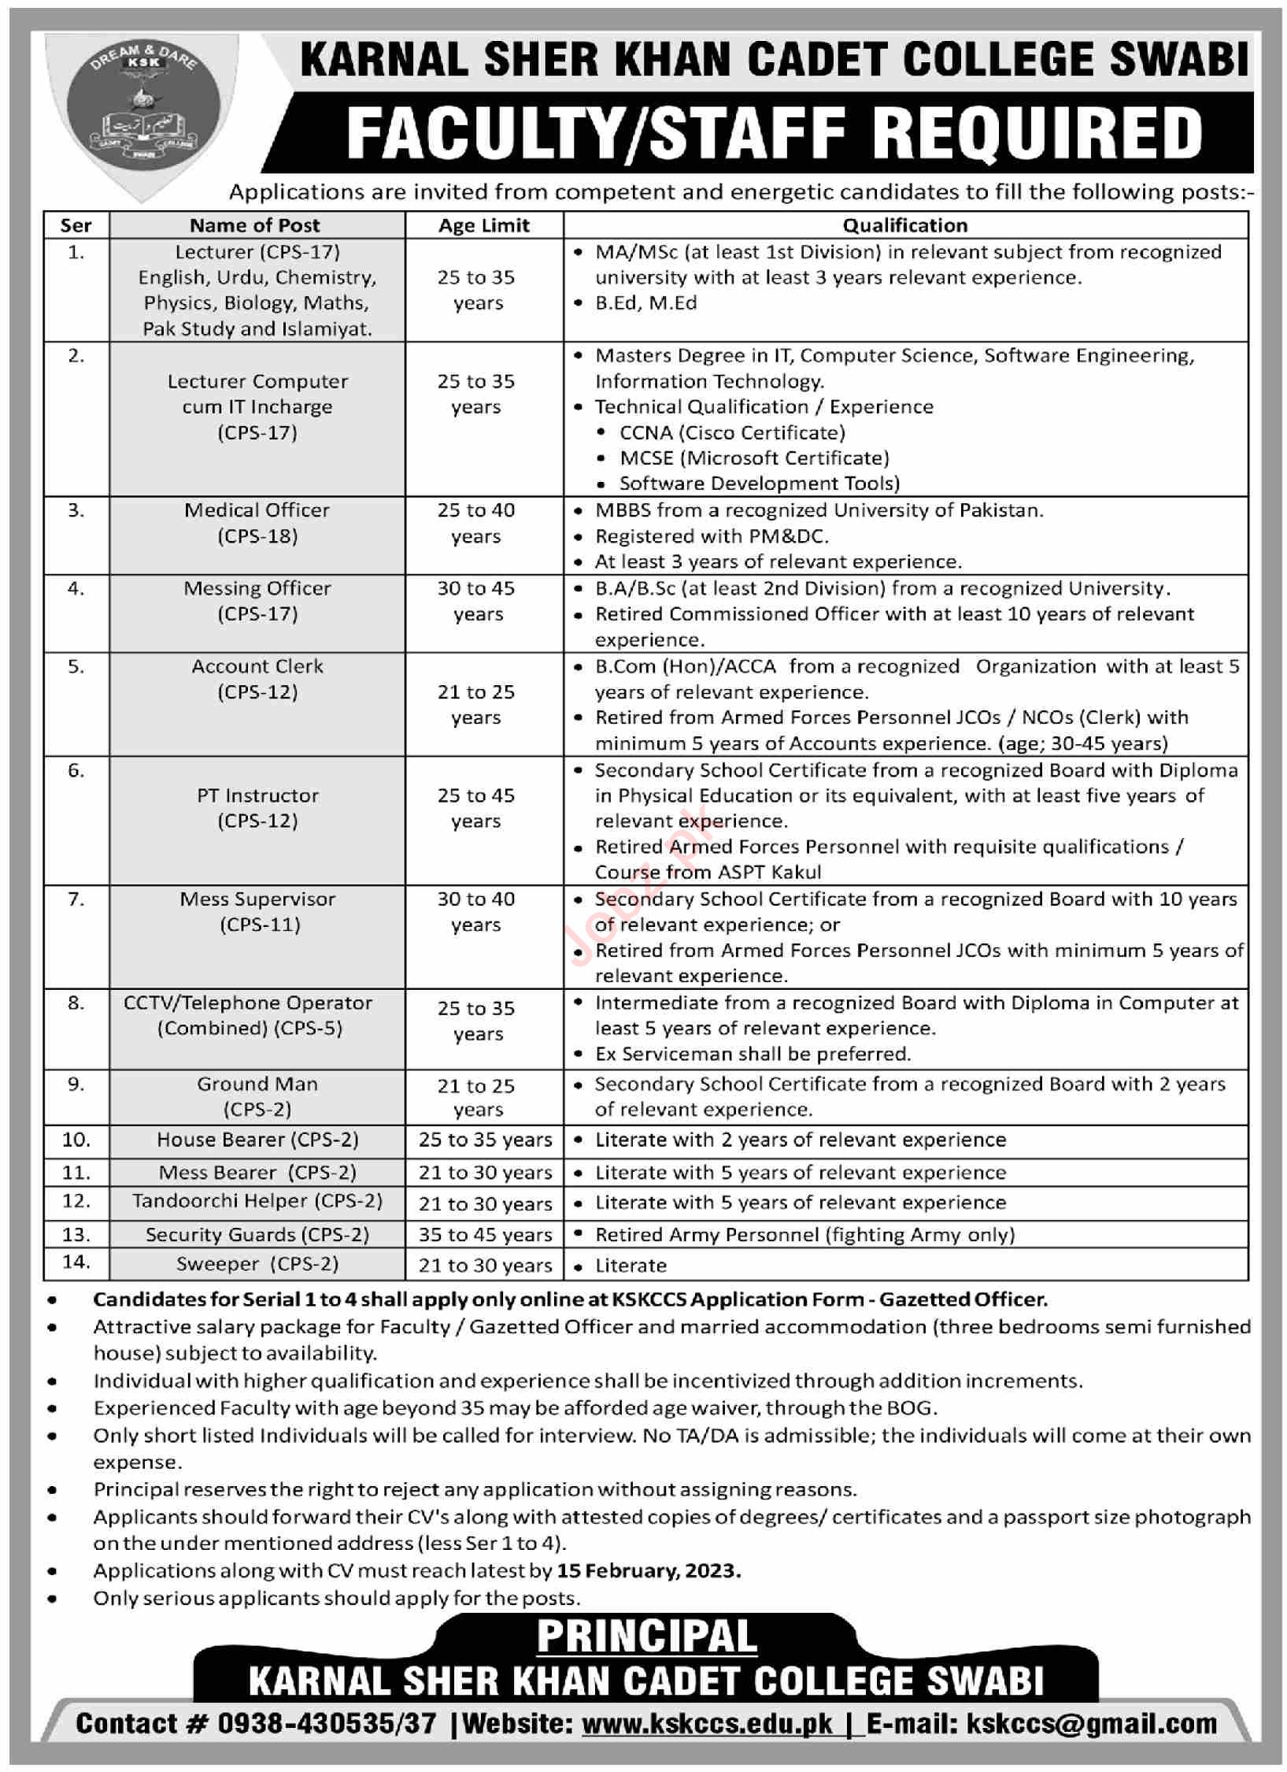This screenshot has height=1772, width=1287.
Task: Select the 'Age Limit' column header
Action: tap(484, 226)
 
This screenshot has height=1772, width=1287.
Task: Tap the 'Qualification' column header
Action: tap(905, 226)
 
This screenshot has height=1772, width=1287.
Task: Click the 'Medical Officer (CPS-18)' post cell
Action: tap(257, 523)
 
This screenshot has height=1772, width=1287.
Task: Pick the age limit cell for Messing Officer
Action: tap(477, 601)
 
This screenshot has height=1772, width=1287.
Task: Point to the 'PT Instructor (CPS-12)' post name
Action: tap(257, 808)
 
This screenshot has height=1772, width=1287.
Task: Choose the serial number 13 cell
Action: tap(76, 1235)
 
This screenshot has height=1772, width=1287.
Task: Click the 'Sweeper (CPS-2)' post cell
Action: tap(257, 1264)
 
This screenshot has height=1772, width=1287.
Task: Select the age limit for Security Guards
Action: tap(485, 1235)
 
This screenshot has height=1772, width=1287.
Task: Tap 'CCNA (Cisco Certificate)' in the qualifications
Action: tap(732, 432)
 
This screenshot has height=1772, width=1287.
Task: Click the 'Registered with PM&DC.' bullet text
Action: tap(712, 536)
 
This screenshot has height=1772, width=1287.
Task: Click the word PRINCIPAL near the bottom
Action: tap(647, 1637)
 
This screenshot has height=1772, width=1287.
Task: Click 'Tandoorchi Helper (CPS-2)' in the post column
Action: tap(257, 1202)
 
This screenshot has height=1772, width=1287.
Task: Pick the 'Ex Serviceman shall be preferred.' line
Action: tap(753, 1054)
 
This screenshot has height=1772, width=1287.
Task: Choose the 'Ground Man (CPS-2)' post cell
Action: tap(257, 1096)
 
